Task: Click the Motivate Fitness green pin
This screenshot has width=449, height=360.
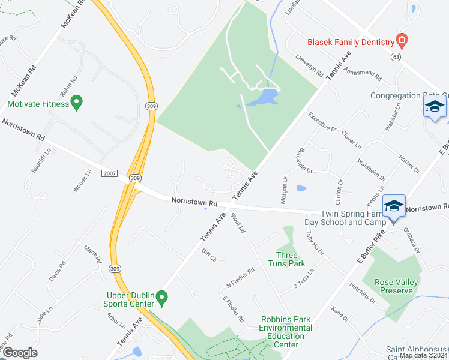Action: pyautogui.click(x=76, y=103)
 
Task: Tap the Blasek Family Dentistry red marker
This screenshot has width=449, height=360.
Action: pyautogui.click(x=402, y=41)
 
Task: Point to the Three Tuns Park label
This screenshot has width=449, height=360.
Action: pyautogui.click(x=291, y=260)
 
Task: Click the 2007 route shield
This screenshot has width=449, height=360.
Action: pyautogui.click(x=109, y=173)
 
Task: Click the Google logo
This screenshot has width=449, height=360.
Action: pyautogui.click(x=19, y=353)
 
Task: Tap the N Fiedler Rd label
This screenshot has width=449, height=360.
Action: pyautogui.click(x=241, y=277)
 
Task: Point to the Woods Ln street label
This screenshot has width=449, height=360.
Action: pyautogui.click(x=82, y=180)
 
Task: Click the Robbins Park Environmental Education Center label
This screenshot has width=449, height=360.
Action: pyautogui.click(x=286, y=332)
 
